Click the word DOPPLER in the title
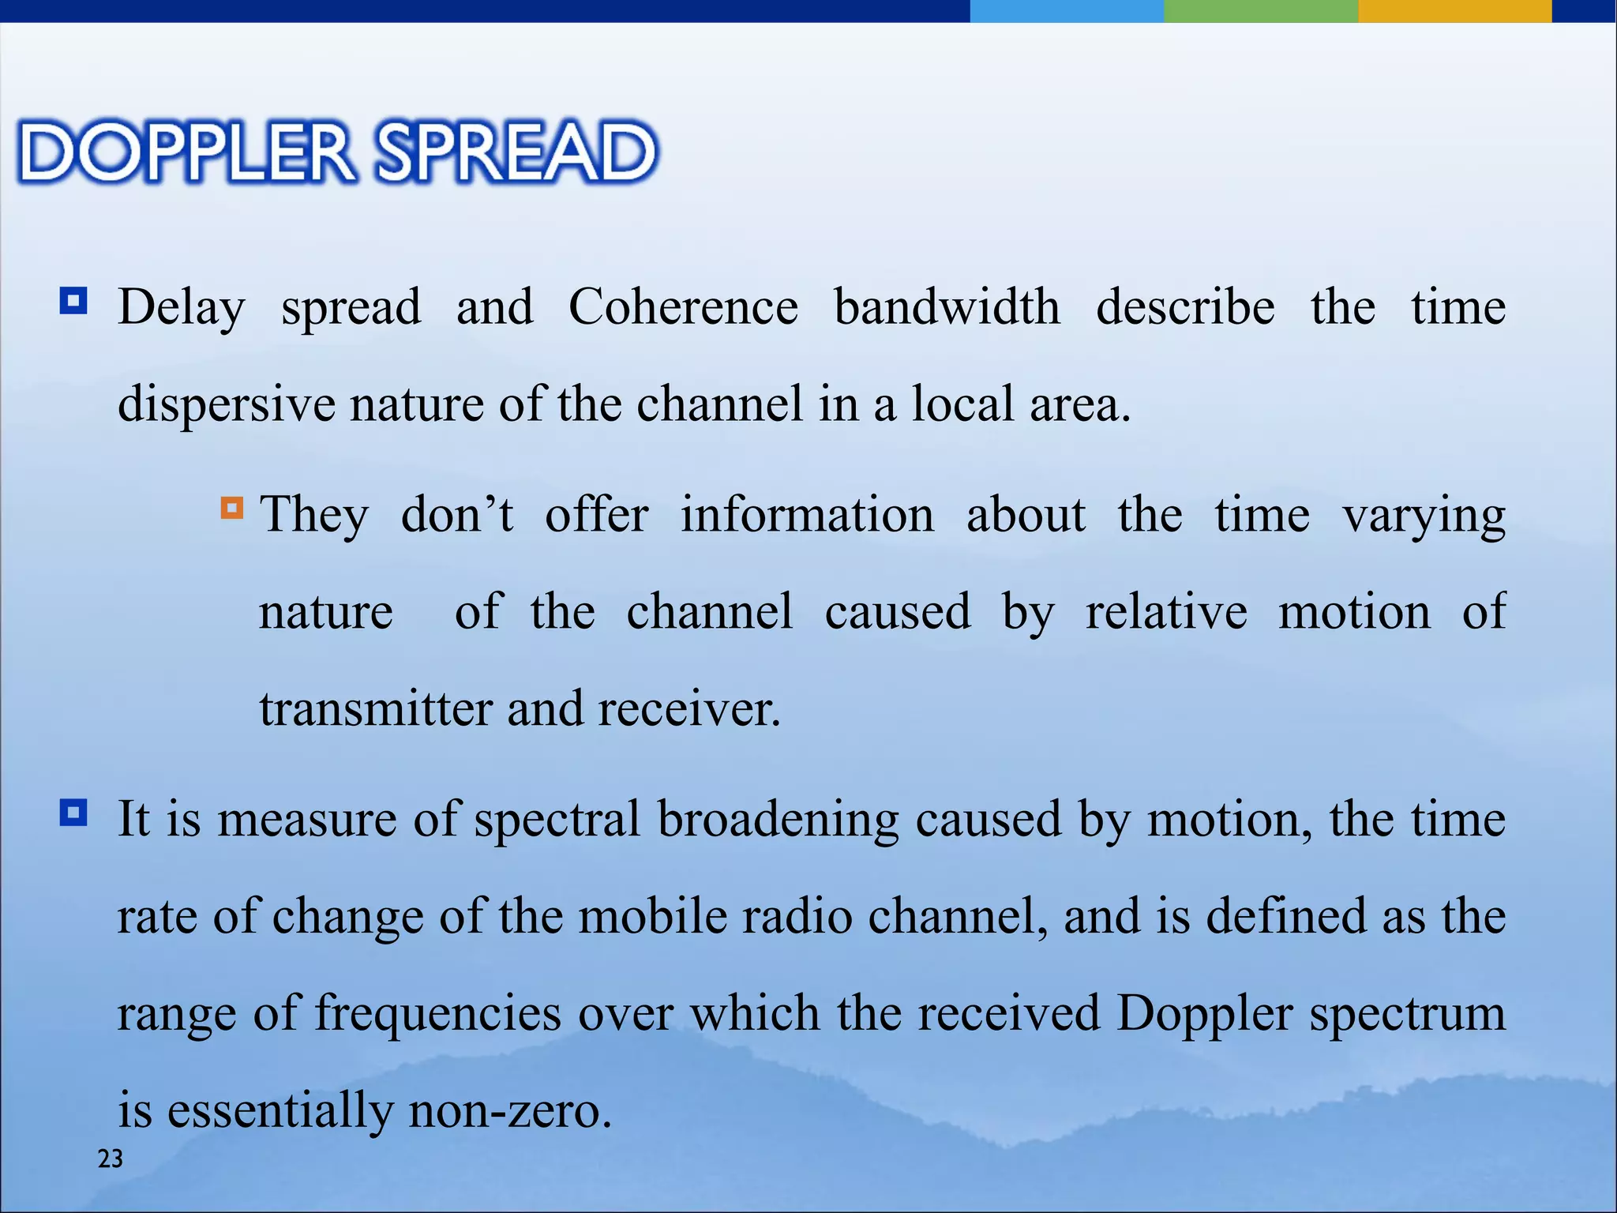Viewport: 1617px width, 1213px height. click(x=186, y=152)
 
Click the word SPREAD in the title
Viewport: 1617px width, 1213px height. click(x=516, y=152)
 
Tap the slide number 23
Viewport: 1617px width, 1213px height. click(x=110, y=1159)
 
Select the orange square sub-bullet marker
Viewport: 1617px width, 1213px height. click(x=232, y=507)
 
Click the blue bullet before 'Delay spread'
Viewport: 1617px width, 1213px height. click(x=73, y=301)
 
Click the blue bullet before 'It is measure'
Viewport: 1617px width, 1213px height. click(x=73, y=813)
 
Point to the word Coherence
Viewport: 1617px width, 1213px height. click(x=683, y=306)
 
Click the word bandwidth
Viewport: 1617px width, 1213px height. click(x=947, y=306)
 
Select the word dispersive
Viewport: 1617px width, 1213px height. click(x=226, y=404)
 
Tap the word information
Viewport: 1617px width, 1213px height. click(x=807, y=515)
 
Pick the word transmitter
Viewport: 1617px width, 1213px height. click(x=376, y=708)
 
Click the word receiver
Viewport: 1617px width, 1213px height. click(x=688, y=708)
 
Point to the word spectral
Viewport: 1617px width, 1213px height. click(x=557, y=819)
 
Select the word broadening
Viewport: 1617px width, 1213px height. click(x=778, y=819)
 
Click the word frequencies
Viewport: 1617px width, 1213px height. click(x=438, y=1013)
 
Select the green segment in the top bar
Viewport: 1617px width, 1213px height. click(x=1260, y=11)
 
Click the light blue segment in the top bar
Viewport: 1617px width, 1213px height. click(x=1066, y=11)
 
